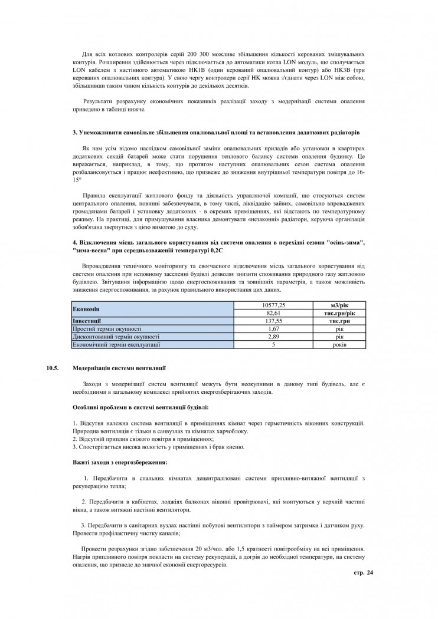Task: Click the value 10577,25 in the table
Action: click(x=273, y=305)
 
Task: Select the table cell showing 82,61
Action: click(x=273, y=312)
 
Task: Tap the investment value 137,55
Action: click(x=273, y=320)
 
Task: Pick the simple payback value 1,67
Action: click(x=273, y=328)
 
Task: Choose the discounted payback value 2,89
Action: click(x=273, y=335)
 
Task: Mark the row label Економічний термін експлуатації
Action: click(x=116, y=343)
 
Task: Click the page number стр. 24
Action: click(x=363, y=572)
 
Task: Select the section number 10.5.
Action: click(x=53, y=367)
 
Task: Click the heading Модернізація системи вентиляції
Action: click(x=119, y=367)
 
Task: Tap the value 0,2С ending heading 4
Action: click(x=215, y=251)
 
